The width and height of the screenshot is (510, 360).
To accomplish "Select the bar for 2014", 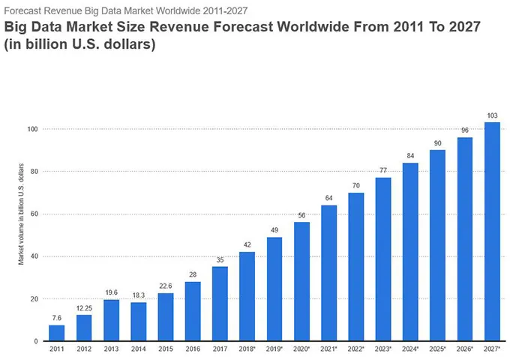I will click(x=138, y=322).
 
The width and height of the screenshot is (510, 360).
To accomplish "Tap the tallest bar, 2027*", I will click(x=492, y=232).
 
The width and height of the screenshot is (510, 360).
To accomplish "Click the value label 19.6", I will click(x=111, y=292).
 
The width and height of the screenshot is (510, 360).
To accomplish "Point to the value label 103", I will click(x=492, y=115).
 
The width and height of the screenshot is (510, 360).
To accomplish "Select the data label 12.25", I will click(x=84, y=308).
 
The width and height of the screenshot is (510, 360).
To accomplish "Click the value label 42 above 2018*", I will click(x=247, y=244).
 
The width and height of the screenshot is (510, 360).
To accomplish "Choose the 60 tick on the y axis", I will click(x=33, y=214).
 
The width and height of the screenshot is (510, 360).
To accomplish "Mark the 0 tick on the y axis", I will click(x=35, y=341).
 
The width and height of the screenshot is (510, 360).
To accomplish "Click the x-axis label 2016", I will click(x=193, y=349).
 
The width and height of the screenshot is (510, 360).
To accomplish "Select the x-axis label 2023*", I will click(x=383, y=349).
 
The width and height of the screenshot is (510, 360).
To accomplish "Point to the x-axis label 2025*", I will click(x=438, y=349).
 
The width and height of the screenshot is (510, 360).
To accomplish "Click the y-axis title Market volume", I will click(x=22, y=214).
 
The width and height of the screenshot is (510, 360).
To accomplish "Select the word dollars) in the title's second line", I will click(x=130, y=44).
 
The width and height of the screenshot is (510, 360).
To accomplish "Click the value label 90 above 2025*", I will click(x=438, y=142).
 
